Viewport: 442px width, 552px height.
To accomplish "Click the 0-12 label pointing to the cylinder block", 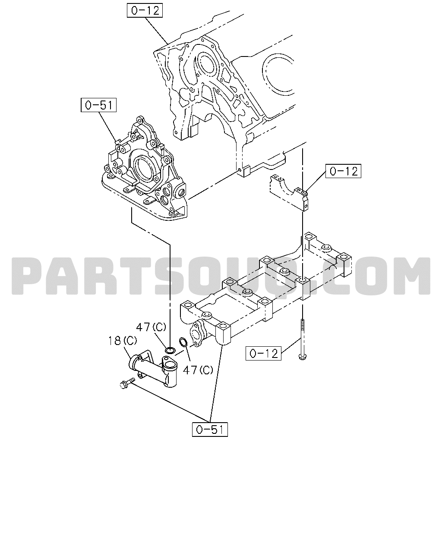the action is point(145,10).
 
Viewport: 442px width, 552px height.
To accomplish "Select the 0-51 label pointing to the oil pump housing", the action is point(98,105).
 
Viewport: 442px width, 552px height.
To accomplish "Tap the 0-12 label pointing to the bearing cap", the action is point(344,171).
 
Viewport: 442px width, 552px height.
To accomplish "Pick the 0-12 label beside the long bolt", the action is point(263,353).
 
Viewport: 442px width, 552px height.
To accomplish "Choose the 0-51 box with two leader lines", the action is point(210,430).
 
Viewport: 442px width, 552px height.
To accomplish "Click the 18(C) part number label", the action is point(123,341).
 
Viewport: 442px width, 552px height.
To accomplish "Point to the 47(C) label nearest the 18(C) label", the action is point(151,327).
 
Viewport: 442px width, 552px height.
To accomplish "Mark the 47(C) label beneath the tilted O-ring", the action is point(198,370).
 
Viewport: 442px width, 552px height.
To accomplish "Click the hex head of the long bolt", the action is point(303,357).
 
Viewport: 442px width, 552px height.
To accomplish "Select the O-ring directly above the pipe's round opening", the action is point(170,350).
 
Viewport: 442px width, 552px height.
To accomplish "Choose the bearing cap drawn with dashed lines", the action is point(289,191).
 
